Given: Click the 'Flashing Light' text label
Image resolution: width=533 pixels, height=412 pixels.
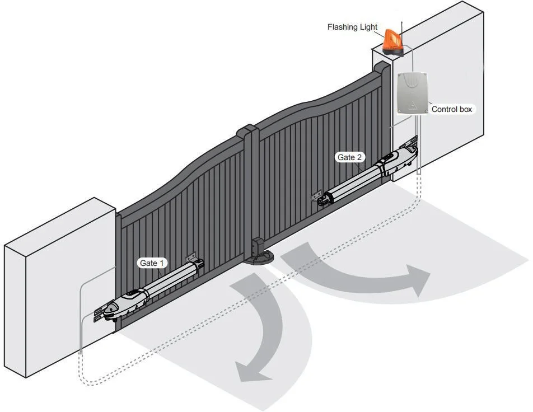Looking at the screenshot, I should tap(352, 27).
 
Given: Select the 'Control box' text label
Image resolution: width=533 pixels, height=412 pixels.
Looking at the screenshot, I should tap(452, 109).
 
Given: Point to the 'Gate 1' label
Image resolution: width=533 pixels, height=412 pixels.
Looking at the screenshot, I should tap(152, 263).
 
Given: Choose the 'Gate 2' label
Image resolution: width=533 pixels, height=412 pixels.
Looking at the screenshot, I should tap(350, 157).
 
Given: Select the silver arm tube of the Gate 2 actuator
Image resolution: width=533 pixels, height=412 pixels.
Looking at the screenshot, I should tap(353, 182).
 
